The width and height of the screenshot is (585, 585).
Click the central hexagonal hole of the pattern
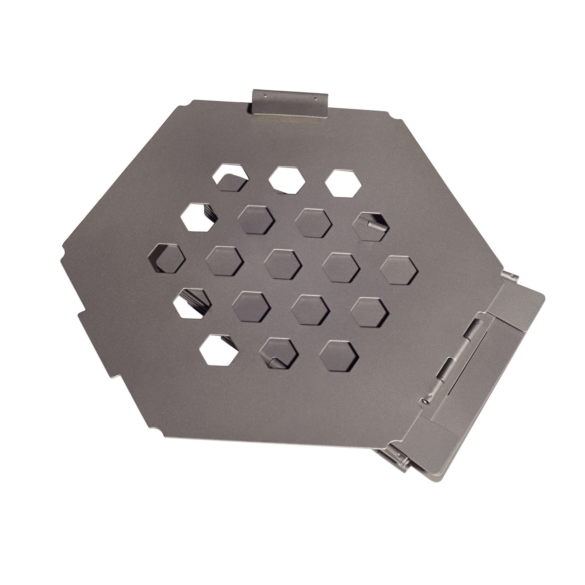(283, 264)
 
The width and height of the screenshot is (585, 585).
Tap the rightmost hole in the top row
(343, 183)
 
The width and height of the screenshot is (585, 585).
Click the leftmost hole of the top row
(231, 178)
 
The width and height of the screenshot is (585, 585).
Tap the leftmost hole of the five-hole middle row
(166, 259)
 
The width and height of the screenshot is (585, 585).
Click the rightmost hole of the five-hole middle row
(399, 270)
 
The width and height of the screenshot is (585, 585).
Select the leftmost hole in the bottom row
(218, 350)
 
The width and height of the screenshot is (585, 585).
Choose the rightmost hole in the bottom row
(339, 356)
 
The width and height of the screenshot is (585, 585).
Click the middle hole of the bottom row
(279, 353)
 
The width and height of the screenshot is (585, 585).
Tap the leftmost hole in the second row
(199, 217)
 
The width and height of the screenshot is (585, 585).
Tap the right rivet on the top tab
(315, 98)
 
